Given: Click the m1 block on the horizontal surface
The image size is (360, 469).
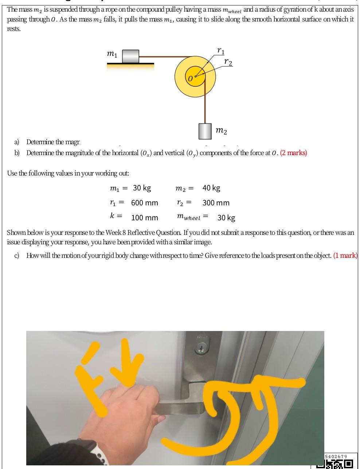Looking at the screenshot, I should (x=130, y=56).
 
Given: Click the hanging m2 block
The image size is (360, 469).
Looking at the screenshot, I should (x=205, y=131).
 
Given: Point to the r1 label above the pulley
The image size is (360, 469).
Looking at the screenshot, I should (x=221, y=51).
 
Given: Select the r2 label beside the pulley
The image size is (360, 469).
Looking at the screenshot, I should (x=228, y=62).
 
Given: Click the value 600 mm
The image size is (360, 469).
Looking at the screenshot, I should (x=145, y=203).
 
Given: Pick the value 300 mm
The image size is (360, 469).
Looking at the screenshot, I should (x=216, y=203).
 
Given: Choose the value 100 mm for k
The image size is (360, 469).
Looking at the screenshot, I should (x=145, y=218).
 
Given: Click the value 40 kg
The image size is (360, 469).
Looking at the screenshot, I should (x=211, y=188).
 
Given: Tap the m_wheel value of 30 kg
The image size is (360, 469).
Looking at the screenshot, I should (x=226, y=218).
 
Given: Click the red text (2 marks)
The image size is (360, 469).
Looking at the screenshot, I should (x=294, y=153).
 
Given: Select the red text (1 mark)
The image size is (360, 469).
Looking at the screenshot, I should (x=345, y=256).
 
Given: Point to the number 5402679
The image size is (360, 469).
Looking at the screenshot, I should (x=336, y=457).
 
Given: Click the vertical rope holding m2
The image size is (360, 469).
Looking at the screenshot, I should (x=205, y=106).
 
